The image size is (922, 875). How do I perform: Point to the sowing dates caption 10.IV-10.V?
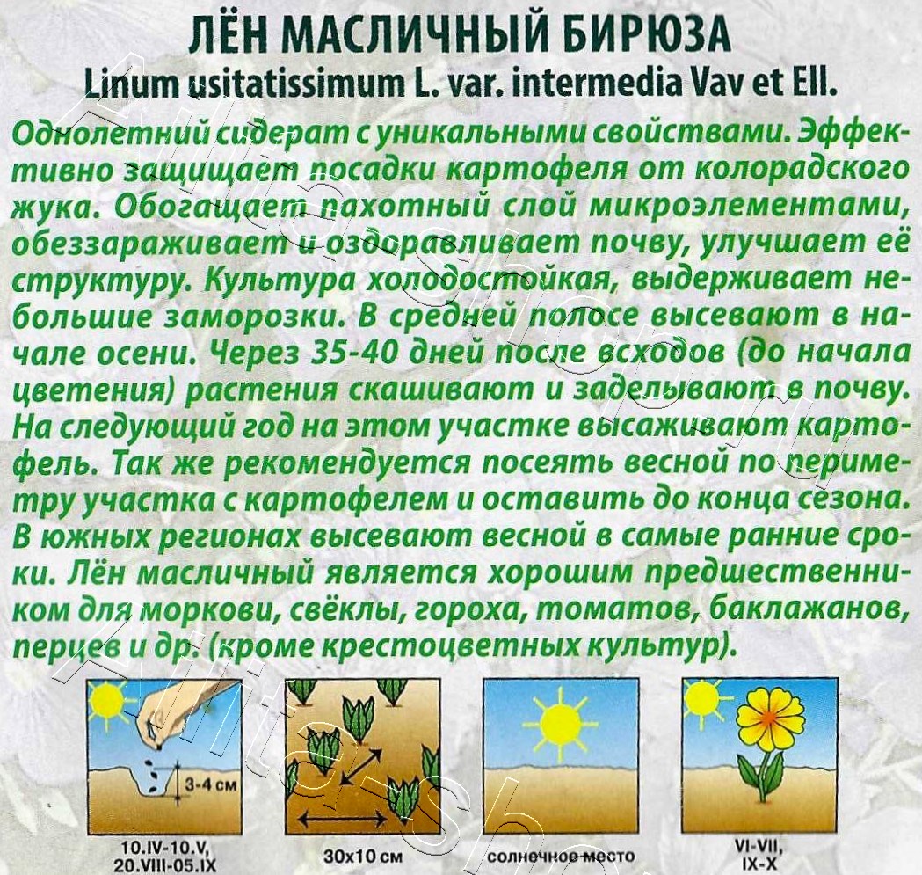(165, 846)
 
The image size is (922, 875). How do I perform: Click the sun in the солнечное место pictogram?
(560, 724)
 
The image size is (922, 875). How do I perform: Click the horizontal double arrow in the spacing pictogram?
(327, 819)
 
